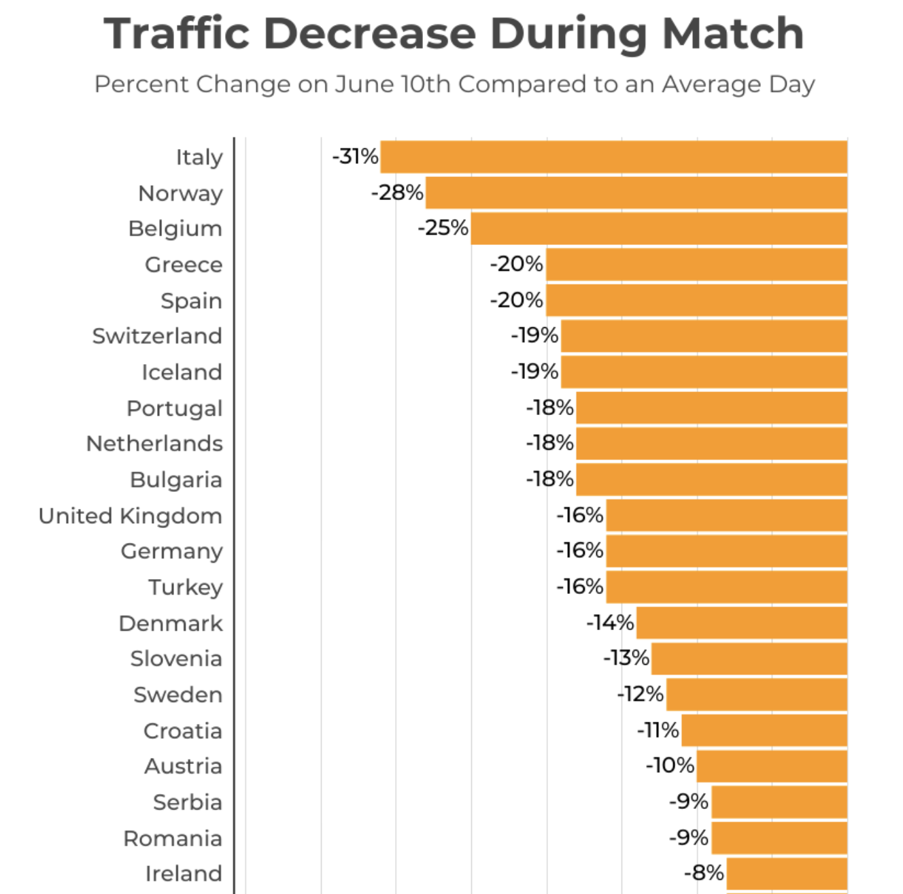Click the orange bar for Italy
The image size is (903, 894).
pyautogui.click(x=613, y=157)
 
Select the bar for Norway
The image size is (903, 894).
pyautogui.click(x=636, y=193)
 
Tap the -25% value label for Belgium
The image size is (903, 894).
pyautogui.click(x=443, y=228)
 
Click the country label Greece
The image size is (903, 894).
pyautogui.click(x=184, y=265)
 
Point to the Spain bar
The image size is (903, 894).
pyautogui.click(x=696, y=301)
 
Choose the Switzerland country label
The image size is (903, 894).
pyautogui.click(x=157, y=336)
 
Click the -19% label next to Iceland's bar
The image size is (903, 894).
pyautogui.click(x=534, y=371)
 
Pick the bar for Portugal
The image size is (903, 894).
pyautogui.click(x=711, y=408)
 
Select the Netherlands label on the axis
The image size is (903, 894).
pyautogui.click(x=154, y=444)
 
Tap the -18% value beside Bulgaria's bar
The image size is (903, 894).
pyautogui.click(x=549, y=480)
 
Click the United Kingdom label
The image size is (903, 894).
pyautogui.click(x=131, y=516)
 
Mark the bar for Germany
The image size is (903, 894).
pyautogui.click(x=726, y=551)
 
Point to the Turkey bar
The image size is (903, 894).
pyautogui.click(x=726, y=587)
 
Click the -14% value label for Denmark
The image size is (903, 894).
pyautogui.click(x=610, y=623)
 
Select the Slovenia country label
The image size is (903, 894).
pyautogui.click(x=176, y=659)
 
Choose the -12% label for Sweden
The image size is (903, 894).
pyautogui.click(x=640, y=694)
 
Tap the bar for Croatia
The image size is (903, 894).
pyautogui.click(x=764, y=731)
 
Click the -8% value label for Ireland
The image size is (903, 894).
pyautogui.click(x=704, y=873)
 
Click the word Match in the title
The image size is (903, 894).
pyautogui.click(x=733, y=33)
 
